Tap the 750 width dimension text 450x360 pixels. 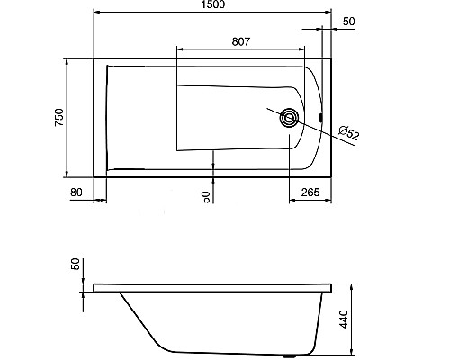pos(58,117)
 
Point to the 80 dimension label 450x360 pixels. pos(76,191)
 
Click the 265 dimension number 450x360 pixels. pos(311,191)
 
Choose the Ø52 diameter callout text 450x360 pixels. pos(349,133)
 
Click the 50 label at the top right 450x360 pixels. pos(349,20)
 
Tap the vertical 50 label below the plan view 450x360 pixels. pos(206,196)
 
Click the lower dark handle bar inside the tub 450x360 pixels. pos(127,167)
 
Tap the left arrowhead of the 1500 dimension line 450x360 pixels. pos(98,13)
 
